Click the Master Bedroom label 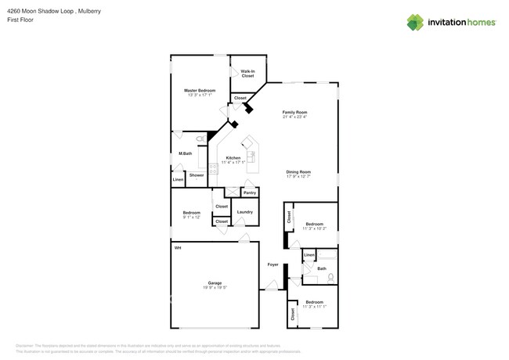click(x=200, y=90)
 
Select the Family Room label click(x=294, y=112)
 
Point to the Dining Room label click(x=298, y=171)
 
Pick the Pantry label click(x=250, y=193)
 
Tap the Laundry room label click(x=244, y=211)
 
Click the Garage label click(x=215, y=283)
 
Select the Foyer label click(x=273, y=265)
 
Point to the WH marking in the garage click(x=178, y=248)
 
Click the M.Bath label click(x=186, y=153)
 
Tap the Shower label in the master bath click(x=196, y=175)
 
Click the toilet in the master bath click(x=200, y=139)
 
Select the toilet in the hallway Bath click(x=330, y=277)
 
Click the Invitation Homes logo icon click(x=415, y=22)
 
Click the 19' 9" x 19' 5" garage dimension click(x=215, y=287)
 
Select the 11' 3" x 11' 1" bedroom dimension click(x=314, y=307)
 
